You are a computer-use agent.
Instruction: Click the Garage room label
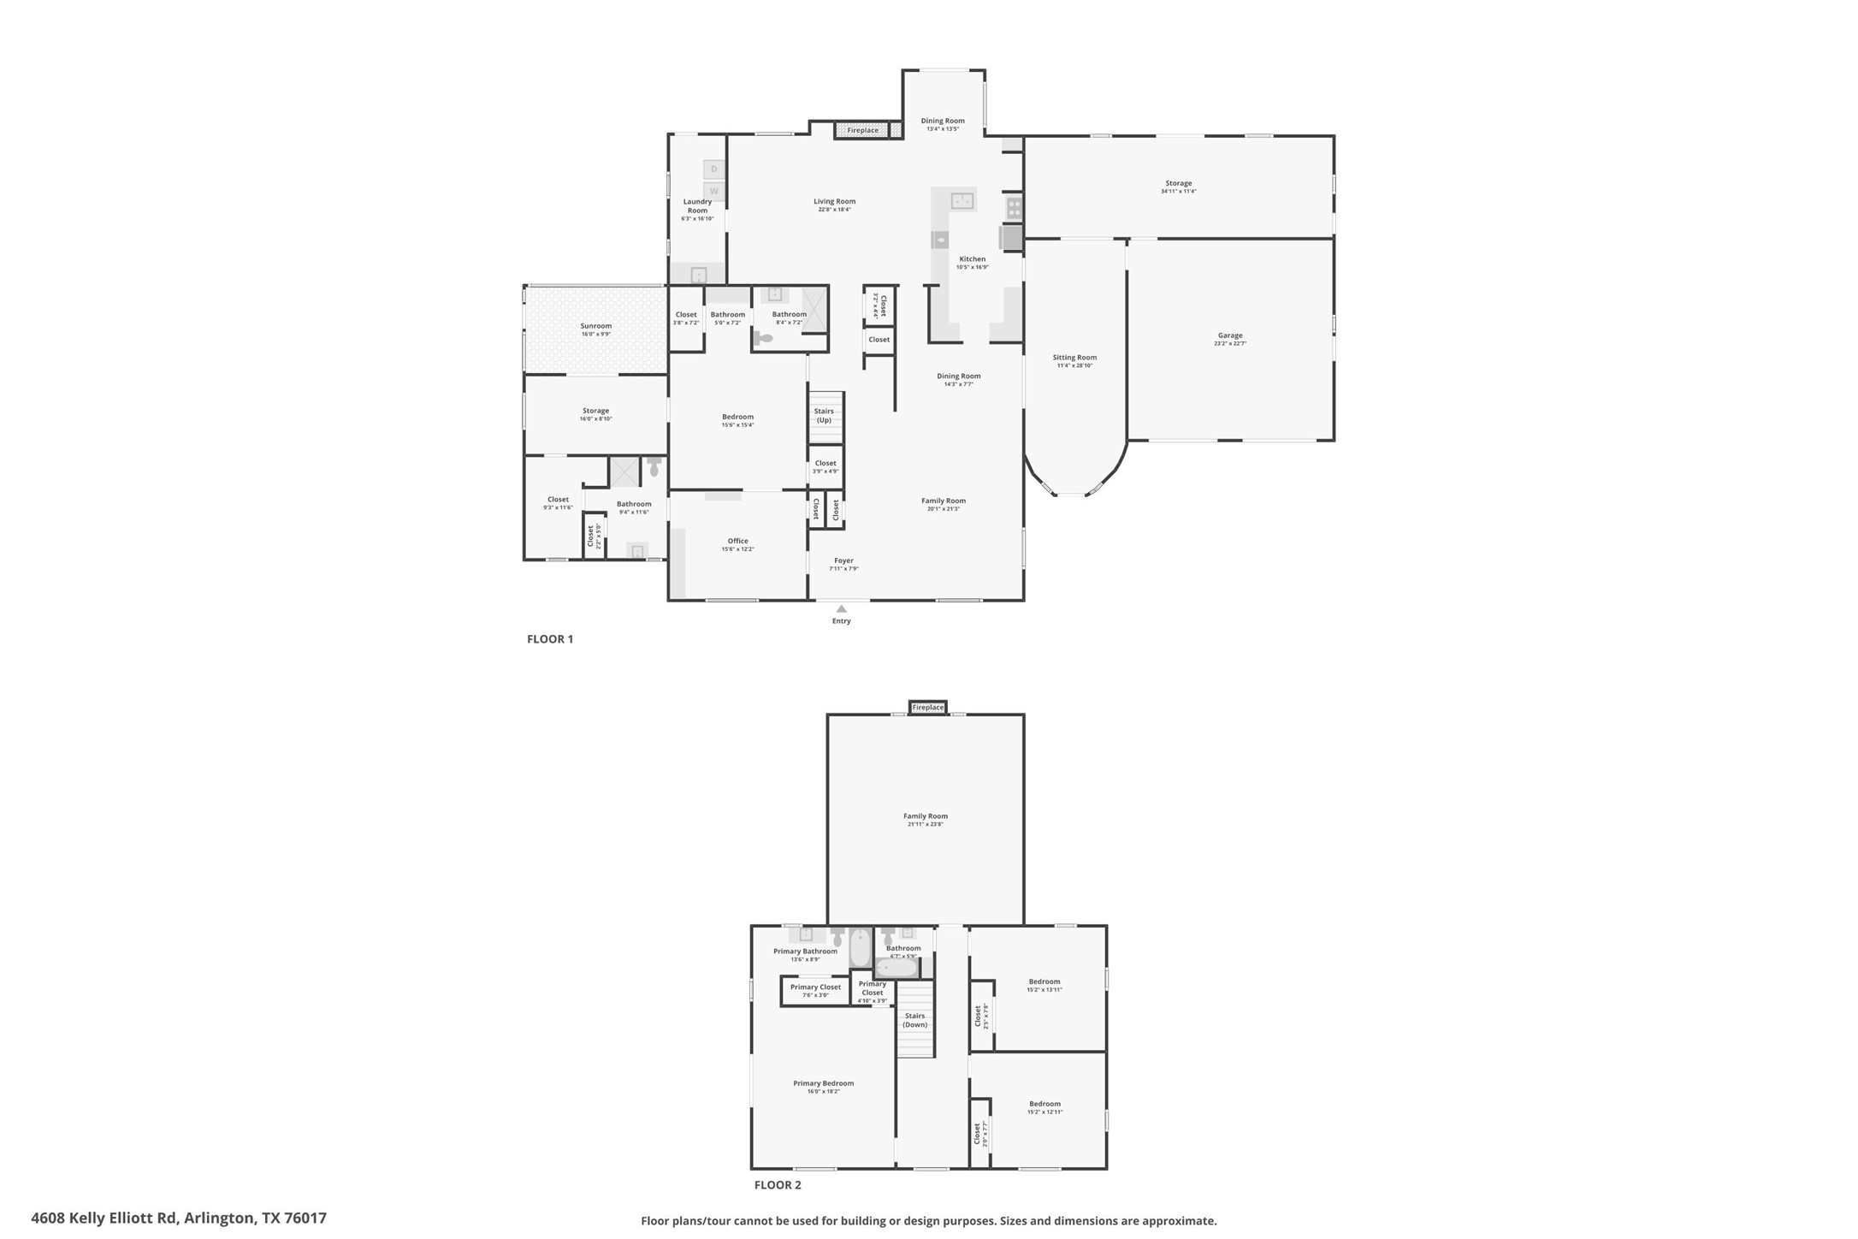coord(1229,336)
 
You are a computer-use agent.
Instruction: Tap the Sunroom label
coord(595,326)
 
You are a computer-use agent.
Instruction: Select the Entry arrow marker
coord(841,609)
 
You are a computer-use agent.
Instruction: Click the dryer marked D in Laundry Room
coord(713,169)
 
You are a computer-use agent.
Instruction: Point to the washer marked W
coord(713,191)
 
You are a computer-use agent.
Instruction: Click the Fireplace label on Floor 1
coord(862,130)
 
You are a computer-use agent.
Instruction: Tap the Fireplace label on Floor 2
coord(927,708)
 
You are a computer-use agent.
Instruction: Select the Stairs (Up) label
coord(824,416)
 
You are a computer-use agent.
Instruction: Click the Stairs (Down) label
coord(914,1020)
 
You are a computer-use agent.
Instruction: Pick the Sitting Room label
coord(1074,358)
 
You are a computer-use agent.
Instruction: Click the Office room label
coord(737,541)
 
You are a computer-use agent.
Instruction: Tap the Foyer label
coord(843,560)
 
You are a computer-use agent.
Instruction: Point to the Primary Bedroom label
coord(823,1083)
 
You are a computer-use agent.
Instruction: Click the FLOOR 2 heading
coord(778,1185)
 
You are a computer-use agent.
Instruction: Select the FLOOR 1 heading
coord(550,639)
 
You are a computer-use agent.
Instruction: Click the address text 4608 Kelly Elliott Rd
coord(178,1218)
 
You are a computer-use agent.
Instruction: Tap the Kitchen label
coord(972,259)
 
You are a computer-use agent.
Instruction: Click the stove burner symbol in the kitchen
coord(1014,206)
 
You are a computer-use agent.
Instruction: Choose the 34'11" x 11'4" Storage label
coord(1178,183)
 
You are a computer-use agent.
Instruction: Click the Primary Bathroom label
coord(805,951)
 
